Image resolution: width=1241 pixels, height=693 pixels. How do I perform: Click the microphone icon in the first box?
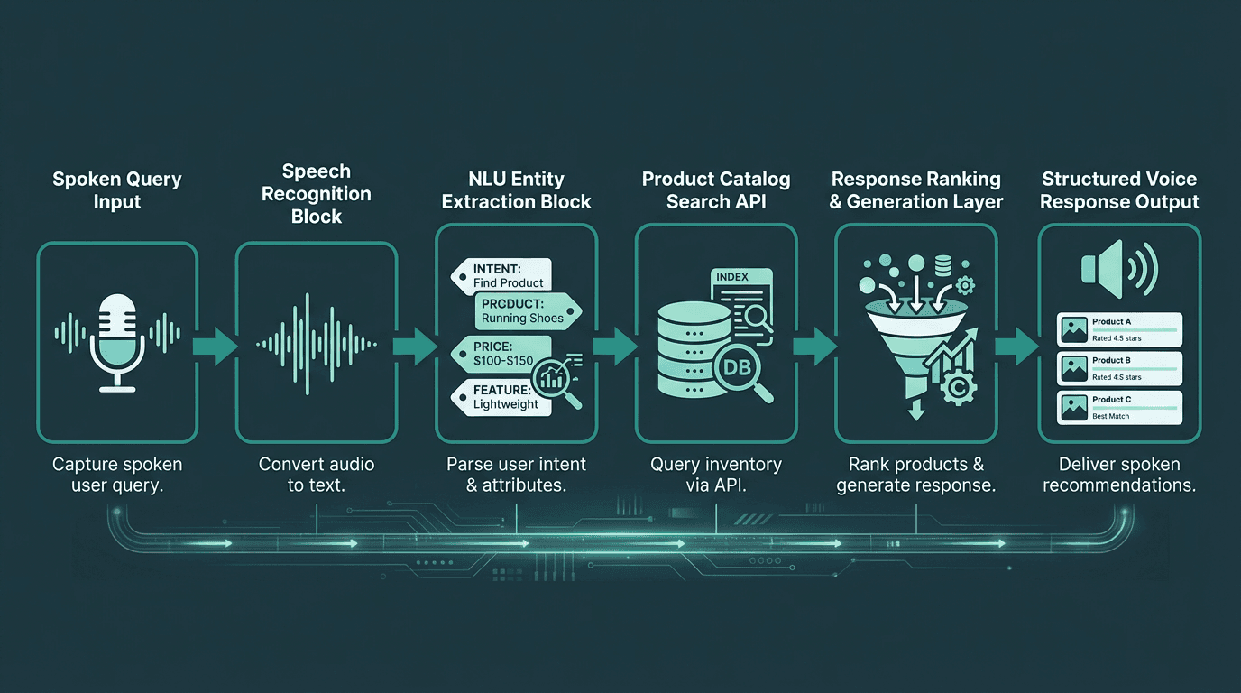tap(116, 341)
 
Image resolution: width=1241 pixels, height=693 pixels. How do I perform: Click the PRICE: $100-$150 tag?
tap(500, 353)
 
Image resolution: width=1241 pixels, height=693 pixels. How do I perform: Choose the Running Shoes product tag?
tap(527, 311)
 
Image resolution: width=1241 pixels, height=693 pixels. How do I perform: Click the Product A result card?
tap(1119, 329)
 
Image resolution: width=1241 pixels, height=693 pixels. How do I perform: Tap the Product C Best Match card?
tap(1119, 407)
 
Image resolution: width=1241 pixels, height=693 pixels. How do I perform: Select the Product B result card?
tap(1119, 368)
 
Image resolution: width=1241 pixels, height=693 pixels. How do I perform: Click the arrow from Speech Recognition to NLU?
tap(416, 346)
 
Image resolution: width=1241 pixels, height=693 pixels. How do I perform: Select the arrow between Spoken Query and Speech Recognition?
tap(216, 346)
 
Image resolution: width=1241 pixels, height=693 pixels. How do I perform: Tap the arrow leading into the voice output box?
tap(1017, 346)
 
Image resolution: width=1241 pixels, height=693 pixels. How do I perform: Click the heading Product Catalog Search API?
tap(715, 190)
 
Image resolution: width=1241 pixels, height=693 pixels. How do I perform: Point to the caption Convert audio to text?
tap(316, 475)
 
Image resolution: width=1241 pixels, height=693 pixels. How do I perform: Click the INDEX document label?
tap(733, 277)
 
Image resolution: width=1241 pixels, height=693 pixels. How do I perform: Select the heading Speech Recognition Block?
tap(316, 193)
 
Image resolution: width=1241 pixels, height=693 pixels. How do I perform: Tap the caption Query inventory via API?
tap(715, 475)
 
